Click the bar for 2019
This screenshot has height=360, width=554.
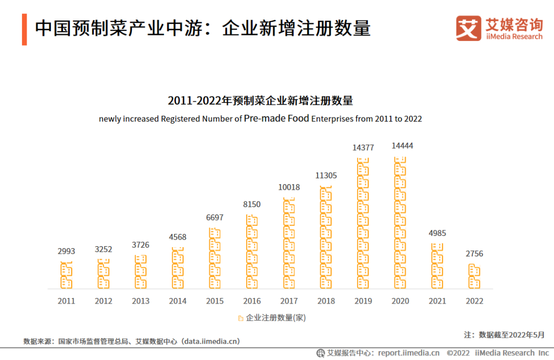(363, 223)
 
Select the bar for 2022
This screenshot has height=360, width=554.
(474, 276)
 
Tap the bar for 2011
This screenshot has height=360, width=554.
(67, 275)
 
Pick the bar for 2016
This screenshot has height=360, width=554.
(252, 251)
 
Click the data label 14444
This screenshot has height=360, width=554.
(402, 146)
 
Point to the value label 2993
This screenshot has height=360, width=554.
(66, 251)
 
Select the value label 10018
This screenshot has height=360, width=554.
(289, 187)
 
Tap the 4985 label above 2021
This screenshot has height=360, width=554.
(437, 233)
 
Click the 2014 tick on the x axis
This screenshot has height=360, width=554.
(177, 301)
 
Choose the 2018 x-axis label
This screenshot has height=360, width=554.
(326, 301)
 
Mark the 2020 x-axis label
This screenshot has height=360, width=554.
(400, 301)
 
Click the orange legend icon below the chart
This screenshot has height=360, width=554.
(241, 318)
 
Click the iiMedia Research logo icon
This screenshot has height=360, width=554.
(468, 28)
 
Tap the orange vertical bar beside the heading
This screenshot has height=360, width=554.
(24, 29)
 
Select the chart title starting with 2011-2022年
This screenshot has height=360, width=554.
(260, 101)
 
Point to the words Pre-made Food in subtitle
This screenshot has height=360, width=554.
(276, 118)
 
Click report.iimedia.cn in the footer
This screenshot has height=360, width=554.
(409, 353)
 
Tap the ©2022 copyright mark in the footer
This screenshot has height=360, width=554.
(458, 353)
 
